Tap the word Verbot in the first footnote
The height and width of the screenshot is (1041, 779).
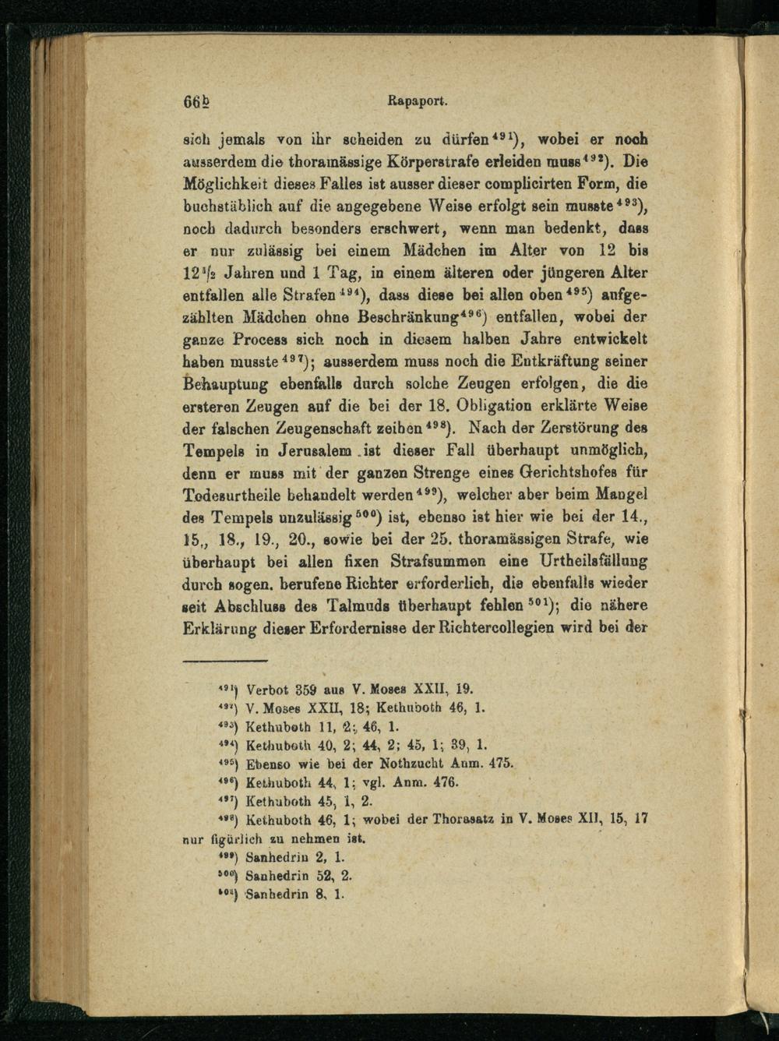(266, 690)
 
